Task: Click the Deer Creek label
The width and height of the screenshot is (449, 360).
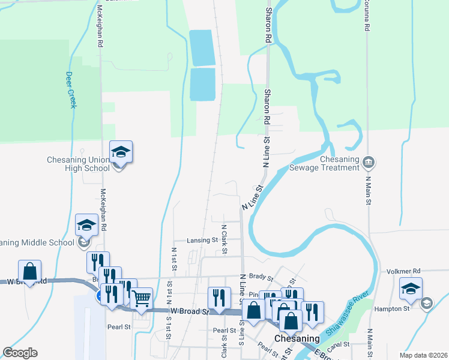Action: point(71,90)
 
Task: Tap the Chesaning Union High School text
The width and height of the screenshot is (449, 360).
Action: point(79,164)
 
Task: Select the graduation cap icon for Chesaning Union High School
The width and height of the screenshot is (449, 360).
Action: point(121,152)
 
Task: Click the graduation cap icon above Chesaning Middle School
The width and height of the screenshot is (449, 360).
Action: point(86,225)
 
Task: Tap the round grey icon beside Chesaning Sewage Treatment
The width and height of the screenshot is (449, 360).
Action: point(369,161)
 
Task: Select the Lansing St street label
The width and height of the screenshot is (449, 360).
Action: point(202,240)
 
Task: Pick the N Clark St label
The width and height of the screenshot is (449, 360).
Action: point(223,239)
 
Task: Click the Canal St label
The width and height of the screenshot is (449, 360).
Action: point(339,344)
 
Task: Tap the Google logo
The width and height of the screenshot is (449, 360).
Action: point(20,353)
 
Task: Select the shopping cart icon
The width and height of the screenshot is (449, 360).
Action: point(141,298)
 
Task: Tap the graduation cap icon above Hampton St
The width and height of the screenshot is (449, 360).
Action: point(411,288)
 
